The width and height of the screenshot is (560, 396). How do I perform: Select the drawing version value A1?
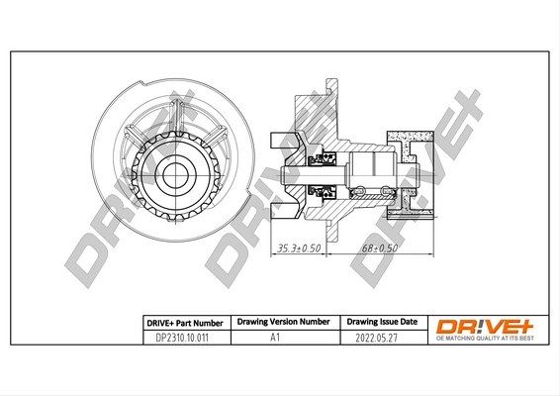point(275,338)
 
